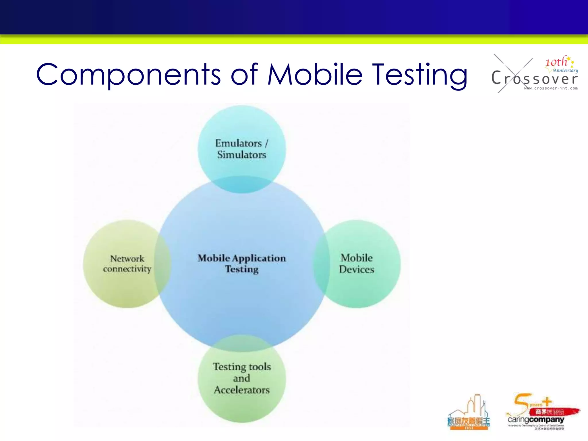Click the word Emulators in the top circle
pos(238,143)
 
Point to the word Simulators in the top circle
pos(241,155)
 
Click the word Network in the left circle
pos(127,258)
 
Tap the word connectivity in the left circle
pos(127,269)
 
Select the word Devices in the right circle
pos(356,269)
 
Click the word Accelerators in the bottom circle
pos(241,390)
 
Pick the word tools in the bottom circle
pos(260,367)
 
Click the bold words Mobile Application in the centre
pos(241,258)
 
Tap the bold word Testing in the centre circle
pos(241,269)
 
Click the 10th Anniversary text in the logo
pos(560,64)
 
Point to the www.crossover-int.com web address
pos(551,88)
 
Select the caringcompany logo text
pos(536,419)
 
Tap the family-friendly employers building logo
pos(469,413)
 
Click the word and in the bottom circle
pos(241,378)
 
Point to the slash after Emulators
pos(266,143)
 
